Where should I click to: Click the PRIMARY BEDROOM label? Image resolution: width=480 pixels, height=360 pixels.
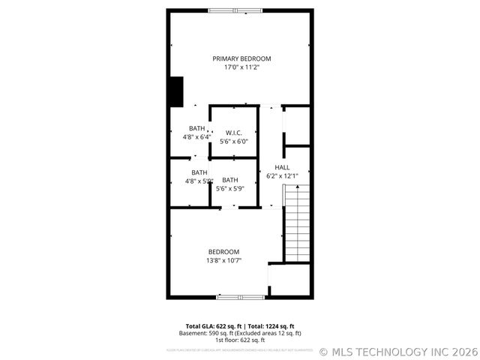[x=241, y=58]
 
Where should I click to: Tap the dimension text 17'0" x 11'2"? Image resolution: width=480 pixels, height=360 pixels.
[x=241, y=67]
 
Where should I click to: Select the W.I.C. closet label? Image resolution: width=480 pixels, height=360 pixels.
[x=233, y=133]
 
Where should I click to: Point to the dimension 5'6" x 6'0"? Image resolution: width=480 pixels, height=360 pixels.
[x=233, y=141]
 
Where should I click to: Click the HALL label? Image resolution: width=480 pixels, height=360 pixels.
[x=282, y=167]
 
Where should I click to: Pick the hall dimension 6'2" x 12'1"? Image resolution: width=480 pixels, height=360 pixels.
[x=283, y=175]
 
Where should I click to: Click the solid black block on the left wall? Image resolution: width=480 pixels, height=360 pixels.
[x=175, y=91]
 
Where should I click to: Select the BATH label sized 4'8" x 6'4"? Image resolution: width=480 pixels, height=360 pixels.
[x=196, y=128]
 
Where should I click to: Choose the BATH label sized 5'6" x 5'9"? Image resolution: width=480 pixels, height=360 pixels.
[x=229, y=180]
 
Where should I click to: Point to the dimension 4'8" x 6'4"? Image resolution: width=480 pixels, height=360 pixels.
[x=196, y=137]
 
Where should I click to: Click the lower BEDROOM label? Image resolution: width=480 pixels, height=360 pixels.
[x=223, y=252]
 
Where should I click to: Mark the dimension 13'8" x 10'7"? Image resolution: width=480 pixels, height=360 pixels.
[x=223, y=261]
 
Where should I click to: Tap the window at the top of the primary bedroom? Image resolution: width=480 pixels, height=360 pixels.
[x=235, y=10]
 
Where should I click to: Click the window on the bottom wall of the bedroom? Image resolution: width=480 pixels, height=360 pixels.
[x=240, y=298]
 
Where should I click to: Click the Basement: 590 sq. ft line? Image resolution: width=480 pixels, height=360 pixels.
[x=205, y=333]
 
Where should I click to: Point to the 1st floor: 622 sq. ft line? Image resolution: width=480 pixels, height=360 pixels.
[x=240, y=340]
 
